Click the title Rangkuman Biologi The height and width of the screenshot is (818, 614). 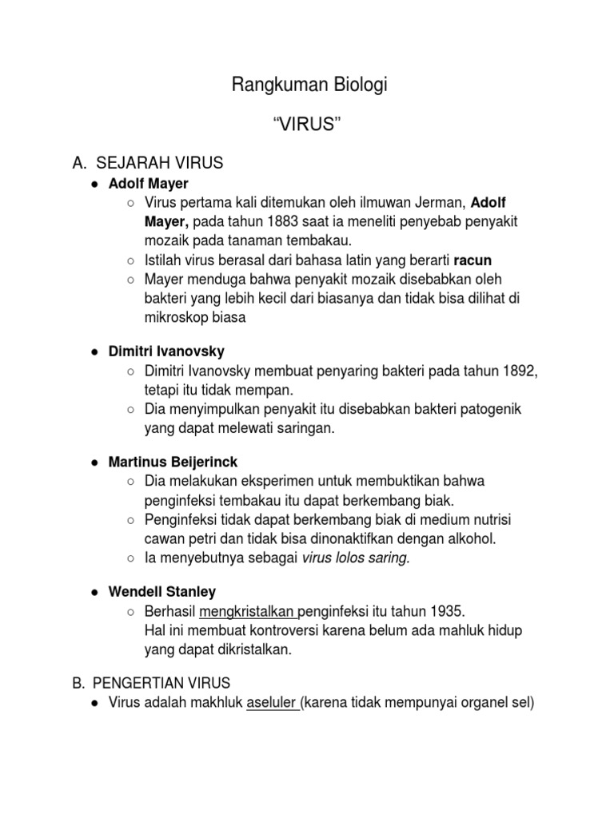point(309,85)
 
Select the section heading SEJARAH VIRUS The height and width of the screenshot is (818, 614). point(160,164)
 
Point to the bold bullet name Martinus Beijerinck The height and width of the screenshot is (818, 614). point(174,463)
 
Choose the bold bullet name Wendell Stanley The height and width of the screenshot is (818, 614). point(164,592)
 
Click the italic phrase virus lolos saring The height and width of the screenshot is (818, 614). point(355,558)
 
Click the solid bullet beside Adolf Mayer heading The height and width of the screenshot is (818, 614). point(94,185)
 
